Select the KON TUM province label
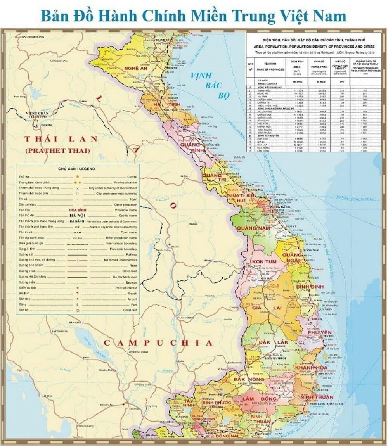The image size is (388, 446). click(x=264, y=262)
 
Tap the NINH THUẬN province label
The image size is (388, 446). click(x=316, y=398)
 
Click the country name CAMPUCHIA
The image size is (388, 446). click(x=158, y=343)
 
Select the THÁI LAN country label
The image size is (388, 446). click(x=61, y=139)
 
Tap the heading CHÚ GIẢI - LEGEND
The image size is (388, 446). click(x=77, y=169)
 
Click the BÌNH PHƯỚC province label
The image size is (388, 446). click(x=216, y=403)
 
